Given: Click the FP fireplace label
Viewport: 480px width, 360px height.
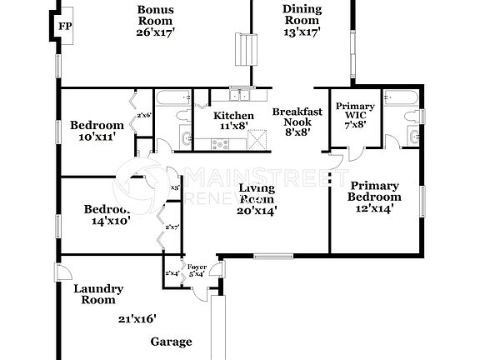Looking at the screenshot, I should coord(65,26).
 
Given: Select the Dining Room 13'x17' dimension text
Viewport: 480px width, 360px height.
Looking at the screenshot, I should coord(302,32).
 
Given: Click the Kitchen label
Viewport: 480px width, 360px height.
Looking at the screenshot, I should coord(233,115).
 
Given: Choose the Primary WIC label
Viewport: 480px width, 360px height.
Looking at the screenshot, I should coord(355,112).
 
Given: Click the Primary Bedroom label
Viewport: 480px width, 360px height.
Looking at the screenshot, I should coord(374,191).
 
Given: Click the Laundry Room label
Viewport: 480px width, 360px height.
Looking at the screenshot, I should coord(98,294).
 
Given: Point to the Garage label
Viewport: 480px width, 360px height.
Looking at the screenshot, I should coord(171,342).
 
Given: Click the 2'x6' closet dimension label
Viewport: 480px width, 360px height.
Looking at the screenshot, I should coord(144,115).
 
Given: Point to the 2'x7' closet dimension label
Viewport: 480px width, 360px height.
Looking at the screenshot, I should coord(173,227).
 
